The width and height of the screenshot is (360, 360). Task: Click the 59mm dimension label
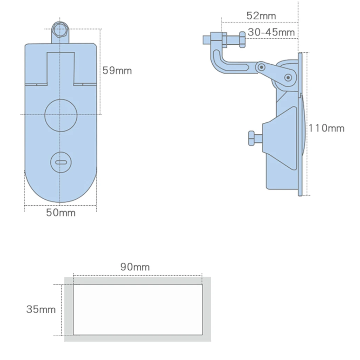pyautogui.click(x=117, y=71)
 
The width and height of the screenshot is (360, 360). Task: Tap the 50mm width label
pyautogui.click(x=61, y=213)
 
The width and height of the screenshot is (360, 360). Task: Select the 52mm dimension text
pyautogui.click(x=261, y=16)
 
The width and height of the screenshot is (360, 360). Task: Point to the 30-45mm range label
pyautogui.click(x=271, y=32)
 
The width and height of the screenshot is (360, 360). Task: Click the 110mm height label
pyautogui.click(x=327, y=128)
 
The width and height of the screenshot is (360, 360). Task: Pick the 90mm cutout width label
pyautogui.click(x=135, y=267)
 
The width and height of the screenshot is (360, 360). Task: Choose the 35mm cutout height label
pyautogui.click(x=41, y=309)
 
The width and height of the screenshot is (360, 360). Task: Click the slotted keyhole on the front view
pyautogui.click(x=61, y=162)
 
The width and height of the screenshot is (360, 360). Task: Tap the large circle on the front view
pyautogui.click(x=61, y=116)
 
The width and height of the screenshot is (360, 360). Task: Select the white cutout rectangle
pyautogui.click(x=137, y=309)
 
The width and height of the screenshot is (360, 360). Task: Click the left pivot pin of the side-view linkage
pyautogui.click(x=261, y=67)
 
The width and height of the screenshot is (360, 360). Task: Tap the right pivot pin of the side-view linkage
pyautogui.click(x=288, y=77)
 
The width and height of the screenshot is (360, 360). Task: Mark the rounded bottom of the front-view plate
pyautogui.click(x=60, y=190)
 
